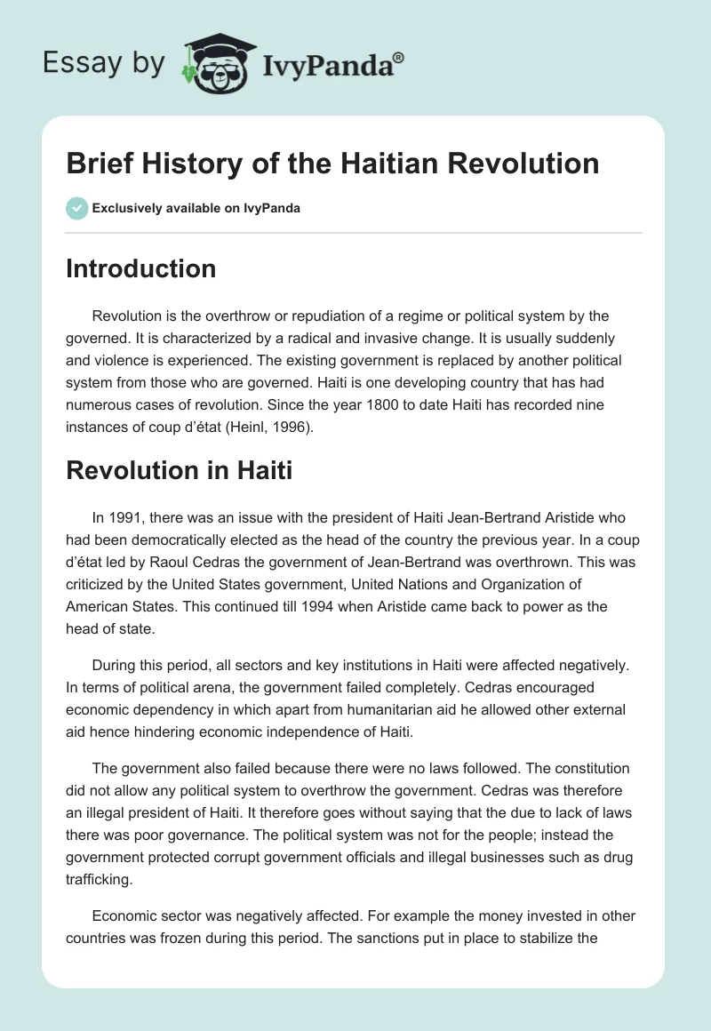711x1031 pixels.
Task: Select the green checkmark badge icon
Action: click(x=76, y=208)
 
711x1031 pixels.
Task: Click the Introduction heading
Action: click(x=140, y=268)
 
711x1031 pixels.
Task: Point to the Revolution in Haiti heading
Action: click(x=179, y=470)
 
